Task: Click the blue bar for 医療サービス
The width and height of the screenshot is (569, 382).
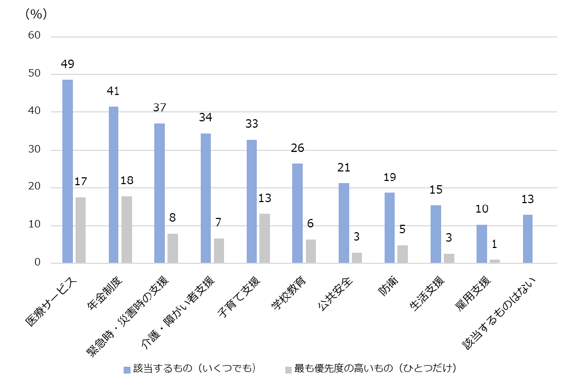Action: pyautogui.click(x=68, y=171)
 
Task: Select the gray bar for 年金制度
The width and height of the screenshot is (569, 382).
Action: pyautogui.click(x=127, y=230)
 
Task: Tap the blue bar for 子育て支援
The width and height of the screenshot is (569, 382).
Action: pyautogui.click(x=251, y=201)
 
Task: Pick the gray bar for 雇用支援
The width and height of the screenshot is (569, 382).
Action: pyautogui.click(x=495, y=261)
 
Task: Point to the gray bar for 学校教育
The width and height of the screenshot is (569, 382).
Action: pyautogui.click(x=311, y=251)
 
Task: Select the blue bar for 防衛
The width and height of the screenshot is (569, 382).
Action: pyautogui.click(x=389, y=227)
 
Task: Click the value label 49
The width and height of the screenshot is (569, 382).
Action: pyautogui.click(x=68, y=64)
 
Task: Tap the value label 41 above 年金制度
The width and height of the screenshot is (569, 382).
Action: pyautogui.click(x=113, y=91)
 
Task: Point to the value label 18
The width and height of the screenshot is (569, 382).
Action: pyautogui.click(x=127, y=180)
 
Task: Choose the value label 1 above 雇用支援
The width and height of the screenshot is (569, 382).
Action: pyautogui.click(x=495, y=245)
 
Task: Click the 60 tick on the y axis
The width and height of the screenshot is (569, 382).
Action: pyautogui.click(x=34, y=35)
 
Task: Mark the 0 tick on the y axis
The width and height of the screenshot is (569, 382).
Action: pyautogui.click(x=38, y=263)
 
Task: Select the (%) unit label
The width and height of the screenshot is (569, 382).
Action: pyautogui.click(x=36, y=14)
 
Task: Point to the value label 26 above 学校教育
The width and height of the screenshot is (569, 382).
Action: pyautogui.click(x=297, y=149)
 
